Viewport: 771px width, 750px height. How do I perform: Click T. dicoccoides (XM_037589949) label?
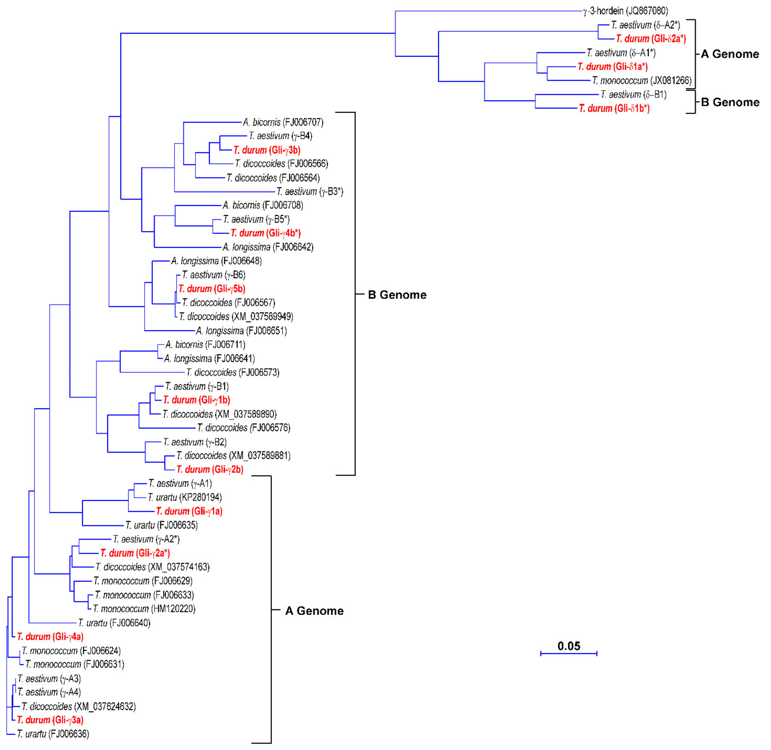click(x=236, y=317)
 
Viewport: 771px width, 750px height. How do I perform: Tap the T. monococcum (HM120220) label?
click(x=144, y=609)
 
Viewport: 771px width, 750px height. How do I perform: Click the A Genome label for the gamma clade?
click(x=314, y=611)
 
